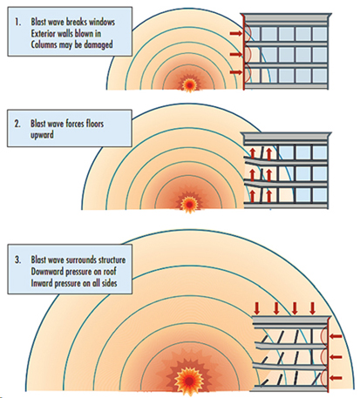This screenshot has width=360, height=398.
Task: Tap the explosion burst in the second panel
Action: tap(187, 203)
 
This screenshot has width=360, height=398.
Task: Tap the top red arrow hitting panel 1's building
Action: tap(235, 33)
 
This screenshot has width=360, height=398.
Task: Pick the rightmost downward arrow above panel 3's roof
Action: tap(311, 307)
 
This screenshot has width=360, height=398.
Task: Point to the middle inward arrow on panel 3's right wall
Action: tap(335, 356)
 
